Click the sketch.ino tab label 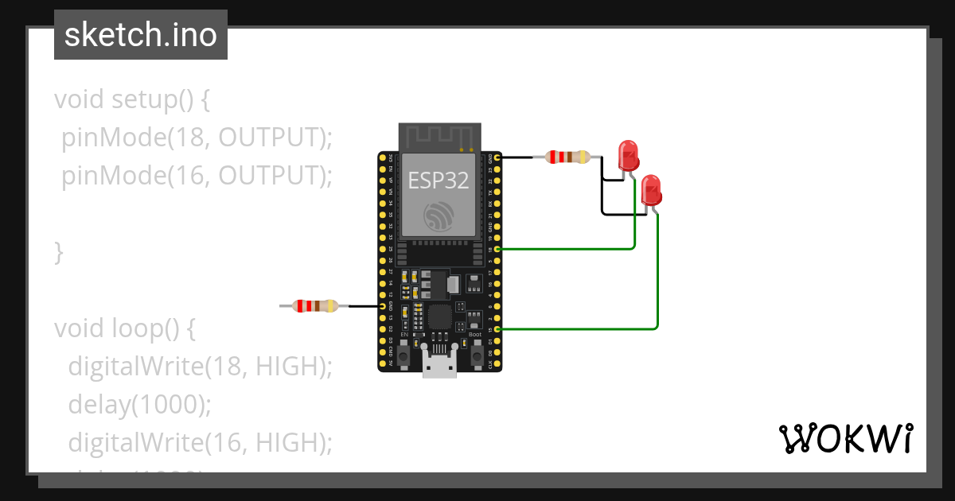point(140,36)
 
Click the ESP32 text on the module point(439,180)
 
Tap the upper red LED point(629,155)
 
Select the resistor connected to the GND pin point(567,157)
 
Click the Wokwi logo point(845,439)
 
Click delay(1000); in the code point(140,405)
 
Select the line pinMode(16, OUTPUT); point(196,176)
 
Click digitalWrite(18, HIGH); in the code point(199,367)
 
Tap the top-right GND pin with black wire point(497,158)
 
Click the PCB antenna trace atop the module point(439,137)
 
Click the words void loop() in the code point(124,328)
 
